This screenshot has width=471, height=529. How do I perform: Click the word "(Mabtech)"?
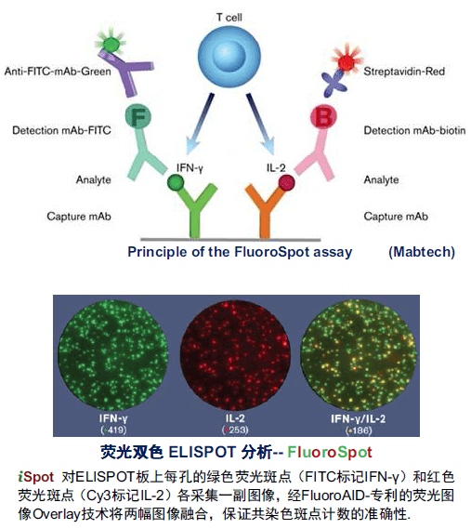point(417,252)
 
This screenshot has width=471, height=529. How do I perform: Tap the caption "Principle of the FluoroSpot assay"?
point(241,252)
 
